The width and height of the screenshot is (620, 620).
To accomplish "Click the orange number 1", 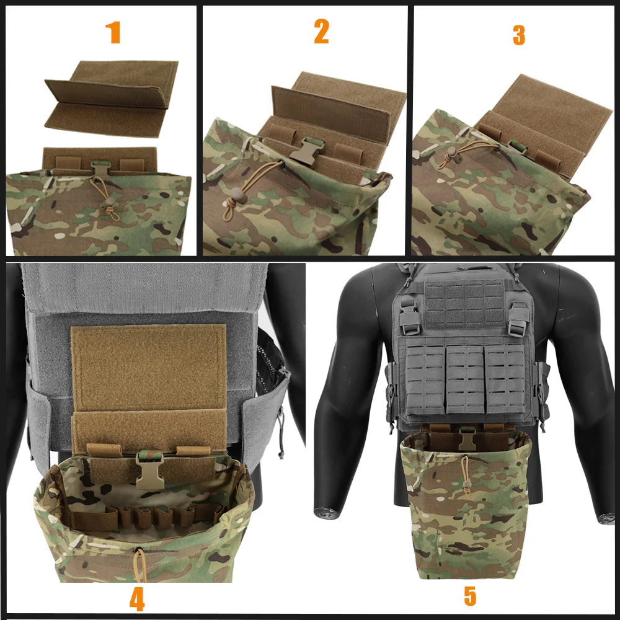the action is pyautogui.click(x=113, y=32).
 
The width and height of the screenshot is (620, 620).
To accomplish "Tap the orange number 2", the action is pyautogui.click(x=321, y=32).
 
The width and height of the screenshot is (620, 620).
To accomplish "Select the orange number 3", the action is pyautogui.click(x=519, y=35).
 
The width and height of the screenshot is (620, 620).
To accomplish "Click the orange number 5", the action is pyautogui.click(x=470, y=596).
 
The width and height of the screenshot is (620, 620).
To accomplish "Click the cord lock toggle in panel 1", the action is pyautogui.click(x=108, y=201).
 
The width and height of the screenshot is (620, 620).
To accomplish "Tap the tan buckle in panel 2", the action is pyautogui.click(x=306, y=149).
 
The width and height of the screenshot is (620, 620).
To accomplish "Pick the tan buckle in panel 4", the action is pyautogui.click(x=149, y=470).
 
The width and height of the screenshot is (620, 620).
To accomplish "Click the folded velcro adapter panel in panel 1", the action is pyautogui.click(x=112, y=99).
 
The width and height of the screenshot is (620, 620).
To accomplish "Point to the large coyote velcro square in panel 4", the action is pyautogui.click(x=148, y=368).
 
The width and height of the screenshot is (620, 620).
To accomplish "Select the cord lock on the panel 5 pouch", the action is pyautogui.click(x=467, y=484).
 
